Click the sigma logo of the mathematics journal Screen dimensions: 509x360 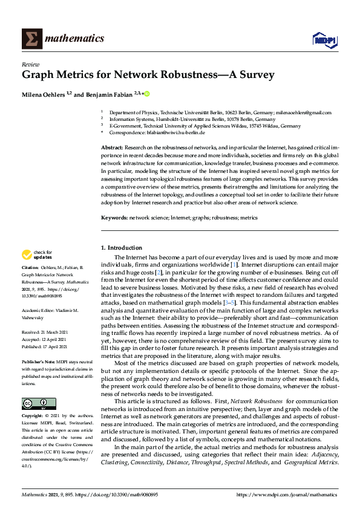click(x=31, y=39)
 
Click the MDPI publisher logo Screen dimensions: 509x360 click(x=324, y=40)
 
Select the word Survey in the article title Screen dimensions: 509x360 click(x=256, y=76)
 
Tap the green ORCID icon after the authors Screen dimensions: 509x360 click(x=146, y=94)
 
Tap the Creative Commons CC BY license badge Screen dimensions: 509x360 click(x=39, y=404)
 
